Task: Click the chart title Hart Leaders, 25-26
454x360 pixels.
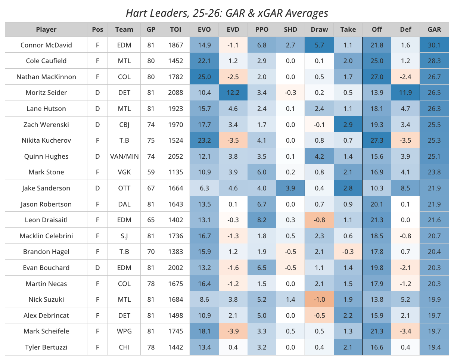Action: [227, 13]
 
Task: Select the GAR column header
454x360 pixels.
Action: [434, 30]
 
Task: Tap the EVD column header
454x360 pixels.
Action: [233, 30]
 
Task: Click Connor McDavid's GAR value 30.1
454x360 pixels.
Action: [434, 45]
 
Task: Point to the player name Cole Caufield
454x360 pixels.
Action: [46, 61]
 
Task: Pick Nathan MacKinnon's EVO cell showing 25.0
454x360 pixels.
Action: [204, 77]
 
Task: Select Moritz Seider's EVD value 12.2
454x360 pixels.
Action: [233, 93]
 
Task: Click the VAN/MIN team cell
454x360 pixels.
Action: [124, 156]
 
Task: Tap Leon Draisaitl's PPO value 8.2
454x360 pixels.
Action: [262, 220]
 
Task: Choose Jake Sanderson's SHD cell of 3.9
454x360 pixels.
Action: [290, 188]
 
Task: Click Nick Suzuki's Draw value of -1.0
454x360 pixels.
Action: [319, 299]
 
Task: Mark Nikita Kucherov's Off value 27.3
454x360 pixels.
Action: [377, 140]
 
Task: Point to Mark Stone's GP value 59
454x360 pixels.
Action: [151, 172]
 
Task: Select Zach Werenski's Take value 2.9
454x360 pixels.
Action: [348, 124]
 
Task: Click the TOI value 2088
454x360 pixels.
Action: [176, 93]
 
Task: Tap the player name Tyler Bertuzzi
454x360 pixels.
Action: [46, 347]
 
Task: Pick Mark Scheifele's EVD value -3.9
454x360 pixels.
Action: [233, 331]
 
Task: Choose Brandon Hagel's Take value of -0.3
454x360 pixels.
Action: [348, 251]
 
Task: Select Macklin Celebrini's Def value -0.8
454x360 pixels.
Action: [405, 236]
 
